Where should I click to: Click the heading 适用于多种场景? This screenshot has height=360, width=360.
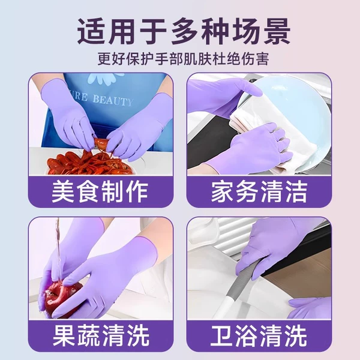(184, 31)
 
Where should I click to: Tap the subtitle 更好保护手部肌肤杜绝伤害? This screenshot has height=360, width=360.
(183, 59)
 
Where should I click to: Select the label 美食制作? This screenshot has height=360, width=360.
(100, 192)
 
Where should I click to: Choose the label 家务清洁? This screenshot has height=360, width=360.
(259, 192)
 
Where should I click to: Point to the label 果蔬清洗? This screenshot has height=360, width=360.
(101, 335)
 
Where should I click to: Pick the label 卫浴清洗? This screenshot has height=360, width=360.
(259, 335)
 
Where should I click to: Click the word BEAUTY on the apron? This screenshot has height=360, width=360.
(113, 100)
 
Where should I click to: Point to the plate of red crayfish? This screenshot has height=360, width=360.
(89, 163)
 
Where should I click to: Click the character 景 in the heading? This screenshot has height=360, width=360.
(277, 31)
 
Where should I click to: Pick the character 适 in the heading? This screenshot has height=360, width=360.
(91, 31)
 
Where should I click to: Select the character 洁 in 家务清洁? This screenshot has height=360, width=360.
(296, 192)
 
